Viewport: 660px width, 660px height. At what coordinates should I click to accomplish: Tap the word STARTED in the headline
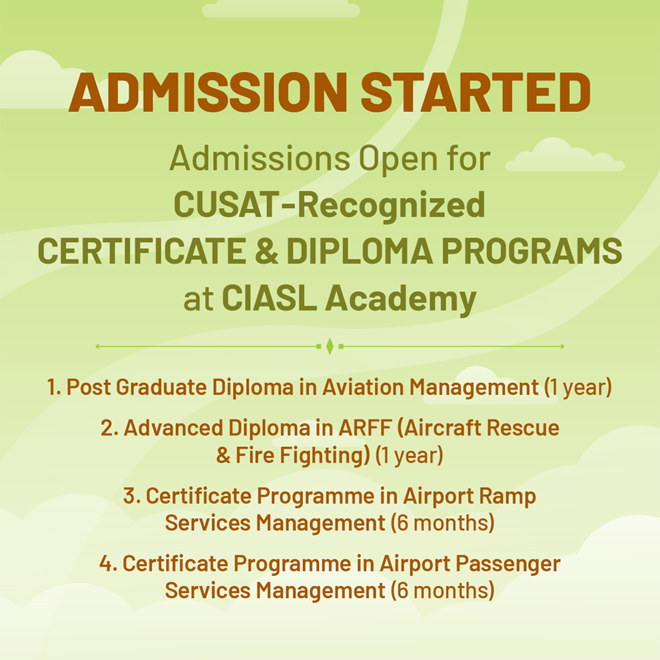coord(476,92)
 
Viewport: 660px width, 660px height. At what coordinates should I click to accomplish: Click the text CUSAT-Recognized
coord(330,204)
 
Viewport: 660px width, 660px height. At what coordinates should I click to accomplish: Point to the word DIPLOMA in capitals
coord(360,251)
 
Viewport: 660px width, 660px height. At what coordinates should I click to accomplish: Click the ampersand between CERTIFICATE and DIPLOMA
coord(266,251)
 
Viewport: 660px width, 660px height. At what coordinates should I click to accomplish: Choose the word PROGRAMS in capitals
coord(531,251)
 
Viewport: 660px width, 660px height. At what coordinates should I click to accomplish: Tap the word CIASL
coord(269,298)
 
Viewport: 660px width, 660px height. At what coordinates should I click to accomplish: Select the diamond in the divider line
coord(330,346)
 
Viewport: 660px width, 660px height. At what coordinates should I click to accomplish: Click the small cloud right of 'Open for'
coord(565,155)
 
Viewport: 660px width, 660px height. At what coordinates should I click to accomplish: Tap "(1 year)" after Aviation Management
coord(577,388)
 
